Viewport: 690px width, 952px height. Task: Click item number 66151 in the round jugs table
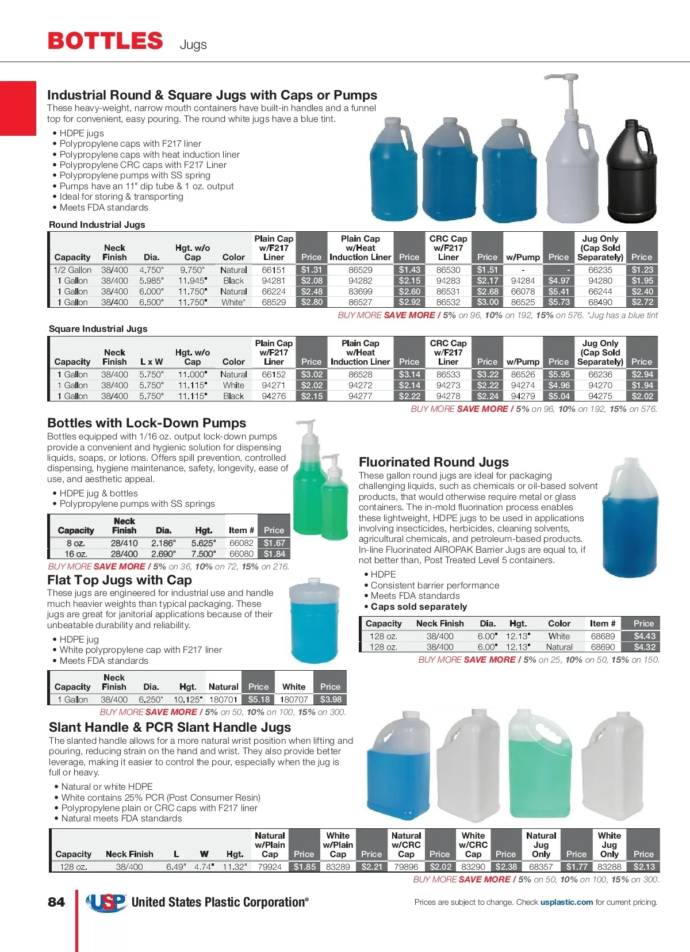point(274,270)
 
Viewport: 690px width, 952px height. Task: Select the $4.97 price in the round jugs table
point(558,281)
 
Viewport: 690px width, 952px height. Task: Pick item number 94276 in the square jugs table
point(274,396)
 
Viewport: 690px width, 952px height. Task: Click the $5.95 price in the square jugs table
point(558,374)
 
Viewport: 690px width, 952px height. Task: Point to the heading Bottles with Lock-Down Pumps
point(147,423)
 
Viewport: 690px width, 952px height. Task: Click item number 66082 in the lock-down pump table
point(241,543)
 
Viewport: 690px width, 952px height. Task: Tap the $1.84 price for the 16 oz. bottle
point(274,554)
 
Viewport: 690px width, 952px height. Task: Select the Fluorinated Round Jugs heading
point(434,462)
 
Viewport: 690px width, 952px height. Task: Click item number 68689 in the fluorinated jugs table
point(603,636)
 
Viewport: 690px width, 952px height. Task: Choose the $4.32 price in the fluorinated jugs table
point(644,647)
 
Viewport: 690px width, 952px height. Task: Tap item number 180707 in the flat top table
point(294,699)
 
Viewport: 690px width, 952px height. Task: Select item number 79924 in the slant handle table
point(270,867)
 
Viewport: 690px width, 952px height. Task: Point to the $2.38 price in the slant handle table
point(505,867)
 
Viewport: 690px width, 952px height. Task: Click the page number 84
point(56,902)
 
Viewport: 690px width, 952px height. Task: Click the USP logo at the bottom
point(106,903)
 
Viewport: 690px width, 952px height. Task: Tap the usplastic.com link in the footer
point(566,902)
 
